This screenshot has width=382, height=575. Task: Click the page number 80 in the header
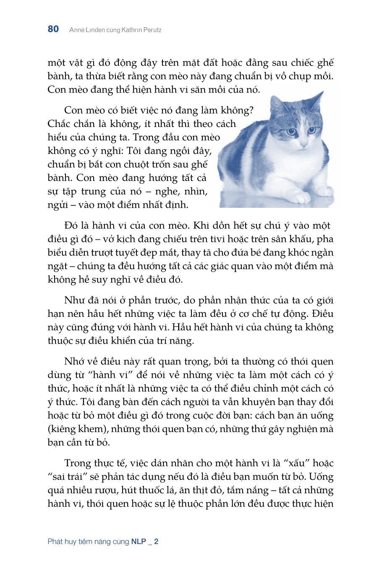tap(53, 29)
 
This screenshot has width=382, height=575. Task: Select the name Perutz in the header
tap(151, 30)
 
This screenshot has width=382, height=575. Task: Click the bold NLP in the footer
tap(138, 541)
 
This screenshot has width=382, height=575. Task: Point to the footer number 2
tap(156, 541)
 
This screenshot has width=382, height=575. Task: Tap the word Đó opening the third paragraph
tap(72, 225)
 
